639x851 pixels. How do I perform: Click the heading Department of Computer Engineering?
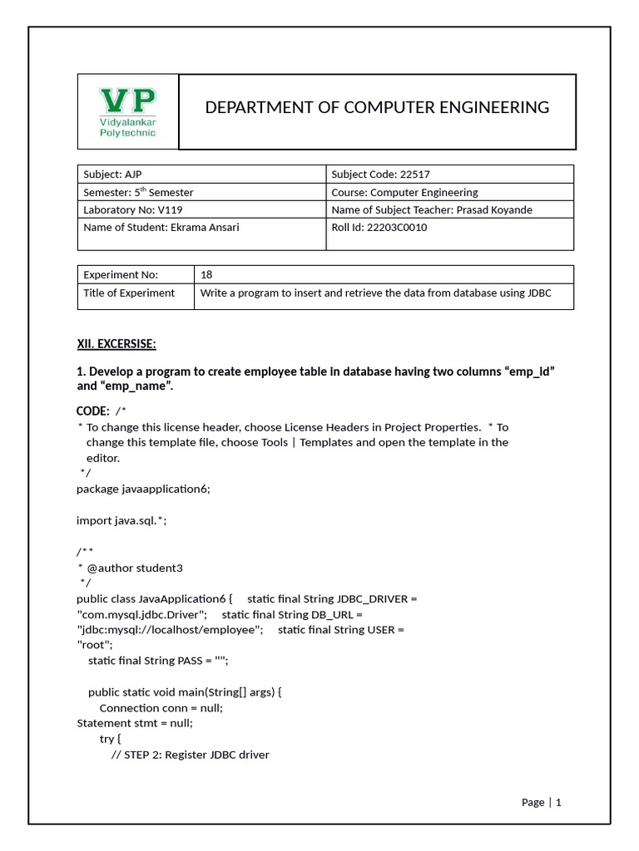[377, 107]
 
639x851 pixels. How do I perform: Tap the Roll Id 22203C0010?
[392, 227]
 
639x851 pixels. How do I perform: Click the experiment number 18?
[207, 274]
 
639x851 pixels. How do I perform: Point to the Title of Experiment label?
[129, 293]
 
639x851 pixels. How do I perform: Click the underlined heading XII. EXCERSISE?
[116, 344]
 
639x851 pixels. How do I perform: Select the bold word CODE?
[92, 411]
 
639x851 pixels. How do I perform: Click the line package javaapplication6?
[143, 489]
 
